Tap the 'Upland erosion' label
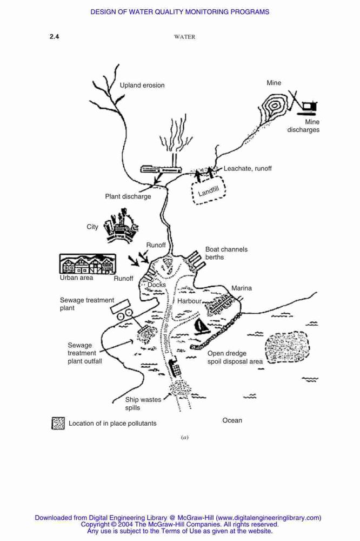point(142,85)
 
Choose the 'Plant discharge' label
point(128,196)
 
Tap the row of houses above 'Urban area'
point(88,264)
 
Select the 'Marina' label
point(242,288)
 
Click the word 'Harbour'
point(189,301)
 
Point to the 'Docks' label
point(157,285)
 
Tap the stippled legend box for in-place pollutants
point(58,423)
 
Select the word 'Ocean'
point(232,420)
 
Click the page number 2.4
point(54,37)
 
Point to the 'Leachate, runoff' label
point(248,168)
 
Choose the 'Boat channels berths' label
point(226,253)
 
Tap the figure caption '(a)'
point(185,437)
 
